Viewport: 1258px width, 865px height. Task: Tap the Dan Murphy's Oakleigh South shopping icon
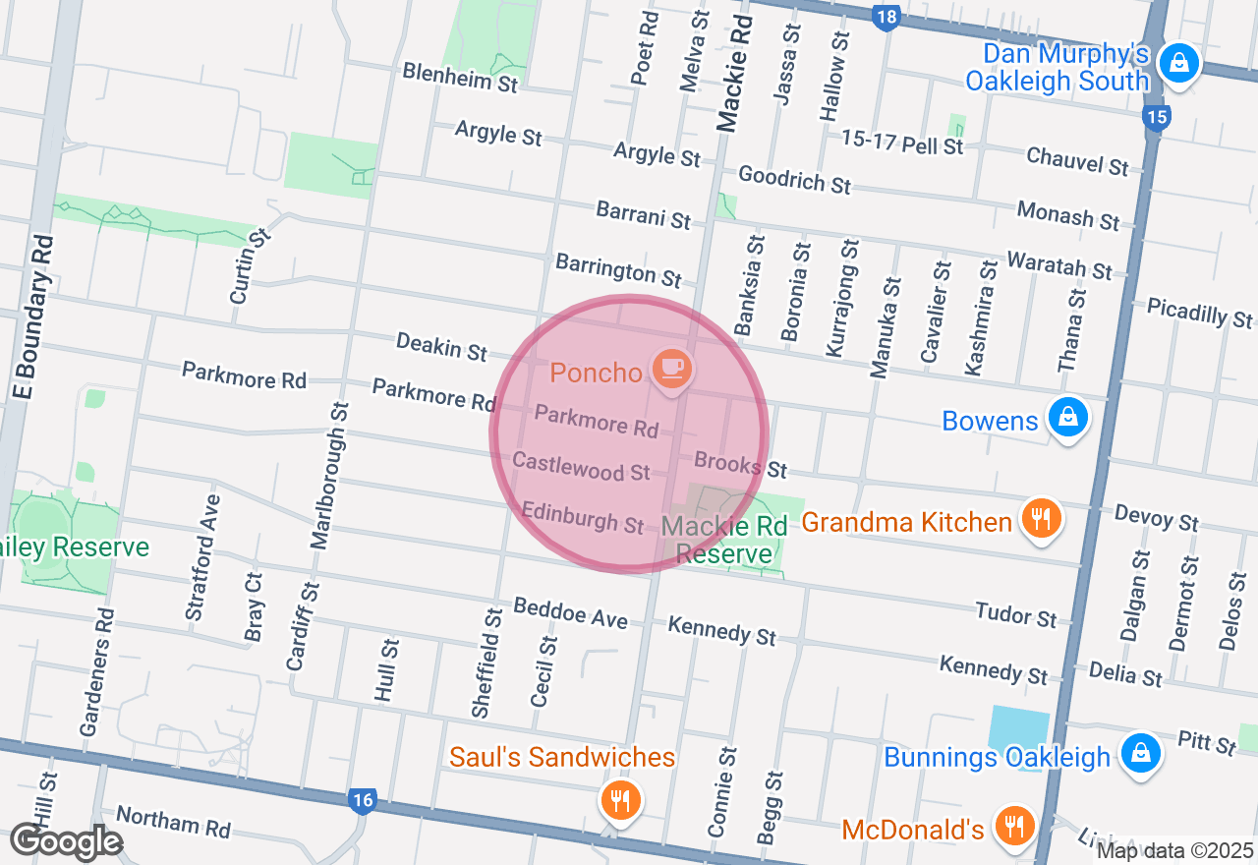point(1176,65)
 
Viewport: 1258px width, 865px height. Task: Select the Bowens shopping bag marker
point(1066,418)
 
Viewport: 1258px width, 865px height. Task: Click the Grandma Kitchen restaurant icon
point(1040,517)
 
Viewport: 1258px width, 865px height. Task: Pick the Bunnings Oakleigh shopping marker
point(1140,754)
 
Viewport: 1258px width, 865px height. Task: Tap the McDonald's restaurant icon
point(1013,826)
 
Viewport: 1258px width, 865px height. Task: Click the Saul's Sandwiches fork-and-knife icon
point(620,800)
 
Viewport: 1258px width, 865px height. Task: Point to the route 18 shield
point(886,17)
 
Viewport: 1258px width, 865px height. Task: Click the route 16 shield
point(363,800)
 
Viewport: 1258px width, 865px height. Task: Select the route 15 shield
point(1157,118)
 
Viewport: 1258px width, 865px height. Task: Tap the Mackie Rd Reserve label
point(724,540)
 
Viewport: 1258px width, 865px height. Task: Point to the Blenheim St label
point(460,78)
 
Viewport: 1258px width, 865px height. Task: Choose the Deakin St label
point(441,346)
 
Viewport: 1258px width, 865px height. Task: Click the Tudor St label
point(1016,614)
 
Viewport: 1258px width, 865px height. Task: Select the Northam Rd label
point(173,822)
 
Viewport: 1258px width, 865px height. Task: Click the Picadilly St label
point(1200,313)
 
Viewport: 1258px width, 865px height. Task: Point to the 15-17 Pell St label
point(902,143)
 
